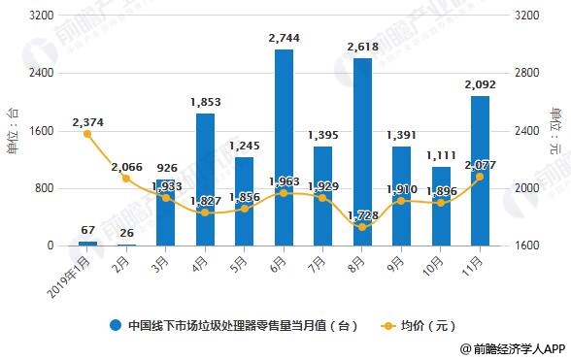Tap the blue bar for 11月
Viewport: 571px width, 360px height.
(479, 171)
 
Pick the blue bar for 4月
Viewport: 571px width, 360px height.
(205, 180)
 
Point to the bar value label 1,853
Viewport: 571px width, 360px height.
(205, 102)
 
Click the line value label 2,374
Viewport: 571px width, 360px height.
(87, 122)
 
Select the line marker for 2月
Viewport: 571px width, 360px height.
(126, 179)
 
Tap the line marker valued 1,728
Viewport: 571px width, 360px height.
(362, 226)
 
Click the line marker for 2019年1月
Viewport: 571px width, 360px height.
(87, 134)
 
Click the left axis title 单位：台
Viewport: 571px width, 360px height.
(13, 131)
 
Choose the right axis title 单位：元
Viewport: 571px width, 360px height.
(557, 131)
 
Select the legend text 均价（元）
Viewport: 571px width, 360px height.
(427, 325)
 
